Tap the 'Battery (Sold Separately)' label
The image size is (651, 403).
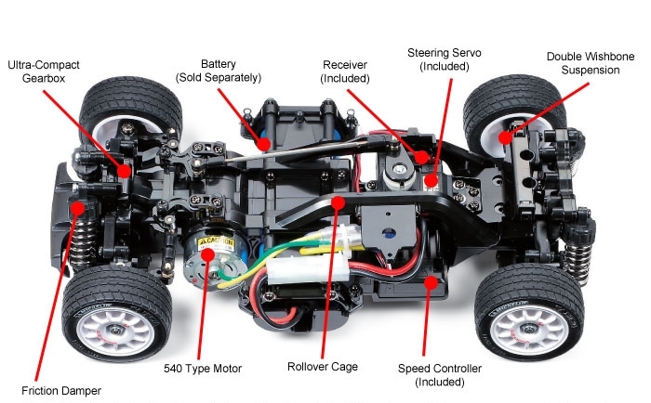[x=219, y=70]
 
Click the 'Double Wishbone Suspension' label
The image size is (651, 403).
[x=591, y=64]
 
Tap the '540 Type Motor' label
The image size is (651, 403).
[x=202, y=369]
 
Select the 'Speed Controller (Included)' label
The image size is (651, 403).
[x=439, y=375]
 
